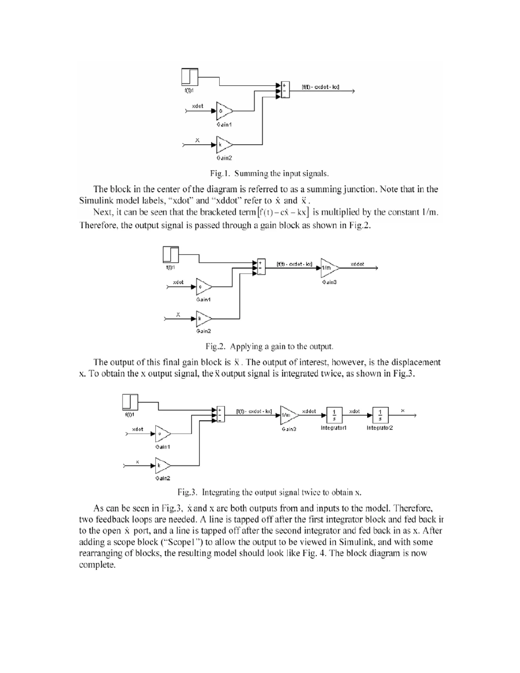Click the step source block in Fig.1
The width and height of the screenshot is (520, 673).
pyautogui.click(x=189, y=77)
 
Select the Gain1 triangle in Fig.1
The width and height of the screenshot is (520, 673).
pyautogui.click(x=224, y=111)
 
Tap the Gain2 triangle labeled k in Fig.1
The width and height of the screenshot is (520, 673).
pyautogui.click(x=224, y=145)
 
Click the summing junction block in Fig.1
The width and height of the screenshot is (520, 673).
pyautogui.click(x=285, y=89)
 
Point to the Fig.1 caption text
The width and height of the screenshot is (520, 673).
pyautogui.click(x=269, y=173)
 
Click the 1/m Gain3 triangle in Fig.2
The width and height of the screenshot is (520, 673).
pyautogui.click(x=329, y=268)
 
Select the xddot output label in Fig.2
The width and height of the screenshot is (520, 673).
pyautogui.click(x=357, y=264)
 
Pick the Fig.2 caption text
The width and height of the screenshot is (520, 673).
pyautogui.click(x=269, y=346)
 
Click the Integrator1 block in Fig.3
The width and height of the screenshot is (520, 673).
pyautogui.click(x=334, y=415)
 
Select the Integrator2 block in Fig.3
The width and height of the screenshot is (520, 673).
pyautogui.click(x=380, y=415)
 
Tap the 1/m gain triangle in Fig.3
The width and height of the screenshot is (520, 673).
pyautogui.click(x=288, y=415)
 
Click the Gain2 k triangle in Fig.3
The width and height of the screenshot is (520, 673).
pyautogui.click(x=162, y=466)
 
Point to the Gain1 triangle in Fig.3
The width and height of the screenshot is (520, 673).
pyautogui.click(x=162, y=434)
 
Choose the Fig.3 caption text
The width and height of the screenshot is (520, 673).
pyautogui.click(x=269, y=492)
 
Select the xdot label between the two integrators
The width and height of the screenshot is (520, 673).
pyautogui.click(x=354, y=411)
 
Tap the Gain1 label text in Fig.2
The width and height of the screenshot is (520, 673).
pyautogui.click(x=203, y=299)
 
